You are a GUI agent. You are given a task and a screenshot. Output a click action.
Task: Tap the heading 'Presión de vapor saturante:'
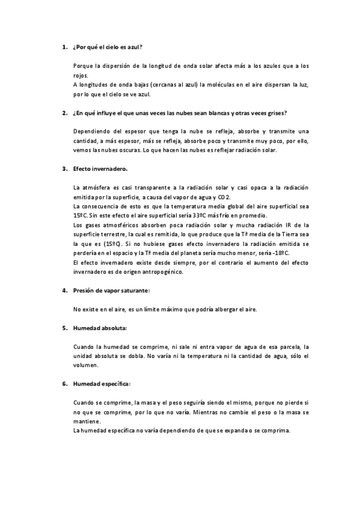pos(112,290)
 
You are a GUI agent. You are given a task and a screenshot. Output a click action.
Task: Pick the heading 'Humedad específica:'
pos(102,383)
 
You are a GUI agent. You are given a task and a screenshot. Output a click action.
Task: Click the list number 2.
pos(64,112)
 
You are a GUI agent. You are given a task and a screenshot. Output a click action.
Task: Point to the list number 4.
pos(64,290)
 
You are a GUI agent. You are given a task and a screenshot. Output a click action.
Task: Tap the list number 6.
pos(64,383)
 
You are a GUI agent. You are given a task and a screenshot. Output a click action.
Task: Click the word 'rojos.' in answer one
pos(80,75)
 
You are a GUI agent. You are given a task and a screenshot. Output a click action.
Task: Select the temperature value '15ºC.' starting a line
pos(79,215)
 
